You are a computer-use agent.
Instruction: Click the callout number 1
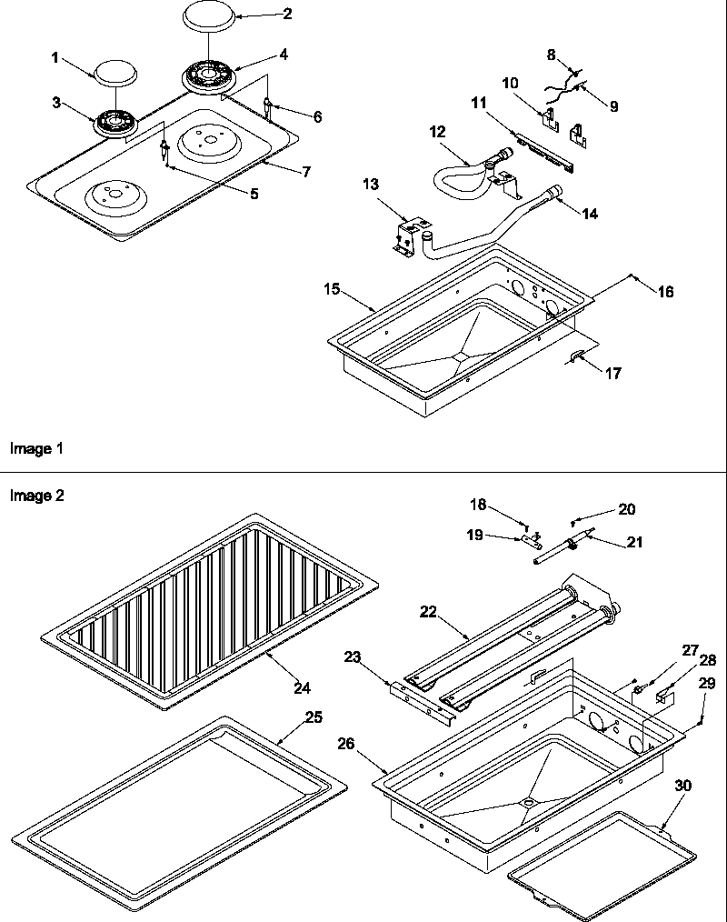(x=55, y=57)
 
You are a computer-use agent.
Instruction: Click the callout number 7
(x=306, y=171)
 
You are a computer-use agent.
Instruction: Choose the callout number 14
(x=591, y=215)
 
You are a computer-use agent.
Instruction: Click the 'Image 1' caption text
(x=35, y=448)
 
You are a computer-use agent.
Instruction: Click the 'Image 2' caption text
(x=35, y=496)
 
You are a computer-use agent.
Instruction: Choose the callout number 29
(x=708, y=683)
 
